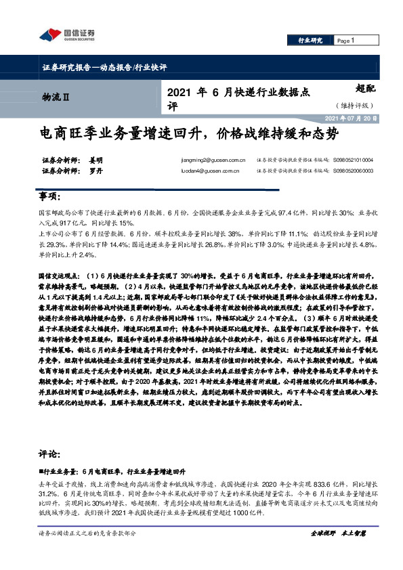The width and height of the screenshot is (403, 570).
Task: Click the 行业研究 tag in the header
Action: (310, 41)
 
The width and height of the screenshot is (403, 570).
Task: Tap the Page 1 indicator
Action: (345, 41)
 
